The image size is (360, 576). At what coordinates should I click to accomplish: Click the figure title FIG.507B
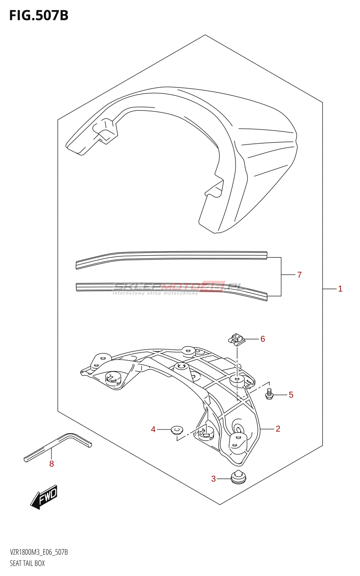pyautogui.click(x=39, y=15)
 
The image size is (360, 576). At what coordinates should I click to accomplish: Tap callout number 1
pyautogui.click(x=340, y=289)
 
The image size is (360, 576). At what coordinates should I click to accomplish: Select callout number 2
pyautogui.click(x=278, y=429)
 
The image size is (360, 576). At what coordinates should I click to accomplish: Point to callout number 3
pyautogui.click(x=213, y=479)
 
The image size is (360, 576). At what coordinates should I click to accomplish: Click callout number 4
pyautogui.click(x=153, y=429)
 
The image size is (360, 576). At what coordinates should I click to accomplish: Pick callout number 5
pyautogui.click(x=291, y=395)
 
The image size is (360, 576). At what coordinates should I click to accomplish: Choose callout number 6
pyautogui.click(x=263, y=339)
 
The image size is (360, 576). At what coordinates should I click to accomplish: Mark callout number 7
pyautogui.click(x=300, y=275)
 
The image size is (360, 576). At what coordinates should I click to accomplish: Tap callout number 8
pyautogui.click(x=51, y=464)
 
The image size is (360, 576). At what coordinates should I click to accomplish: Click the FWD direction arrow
pyautogui.click(x=44, y=497)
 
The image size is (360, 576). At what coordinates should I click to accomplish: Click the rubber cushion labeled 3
pyautogui.click(x=238, y=477)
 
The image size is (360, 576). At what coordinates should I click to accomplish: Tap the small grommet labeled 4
pyautogui.click(x=176, y=429)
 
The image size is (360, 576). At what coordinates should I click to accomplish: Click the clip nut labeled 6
pyautogui.click(x=237, y=339)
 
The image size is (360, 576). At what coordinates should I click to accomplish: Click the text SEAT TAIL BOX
pyautogui.click(x=27, y=563)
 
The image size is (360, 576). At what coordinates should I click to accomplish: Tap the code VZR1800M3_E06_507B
pyautogui.click(x=39, y=552)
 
